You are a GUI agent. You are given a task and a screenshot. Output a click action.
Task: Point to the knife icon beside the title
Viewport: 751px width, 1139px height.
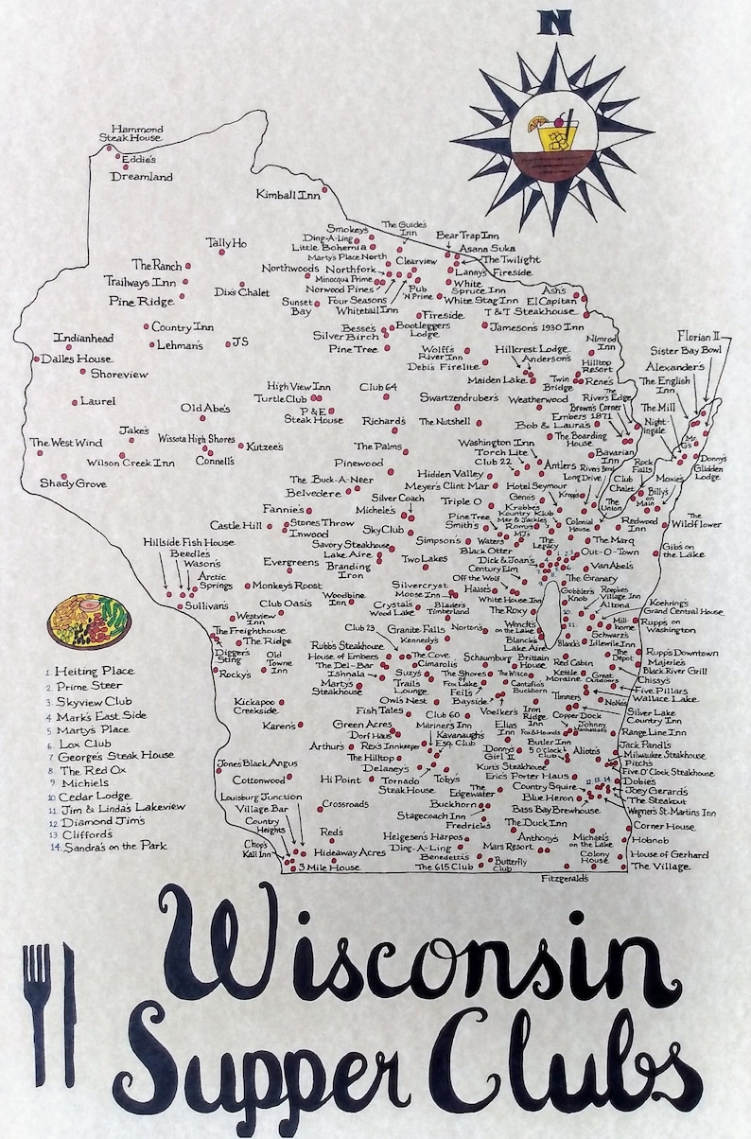point(68,1012)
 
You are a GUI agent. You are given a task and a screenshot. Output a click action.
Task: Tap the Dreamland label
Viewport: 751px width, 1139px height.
point(142,177)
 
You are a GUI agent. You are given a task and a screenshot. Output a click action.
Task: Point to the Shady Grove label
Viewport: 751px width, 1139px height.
point(73,483)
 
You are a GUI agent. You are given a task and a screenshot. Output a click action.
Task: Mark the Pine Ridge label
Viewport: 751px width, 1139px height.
point(141,302)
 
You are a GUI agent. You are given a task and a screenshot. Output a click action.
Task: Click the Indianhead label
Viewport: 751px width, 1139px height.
point(83,338)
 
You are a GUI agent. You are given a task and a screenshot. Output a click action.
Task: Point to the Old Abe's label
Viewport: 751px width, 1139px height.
point(205,409)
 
